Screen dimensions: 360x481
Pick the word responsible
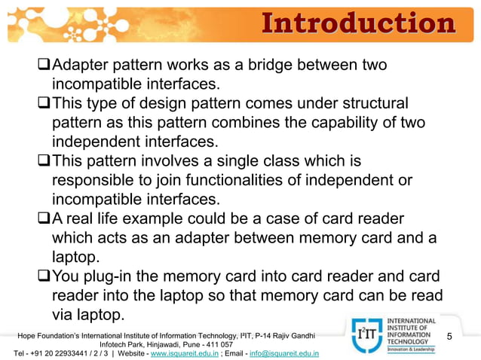(97, 181)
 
